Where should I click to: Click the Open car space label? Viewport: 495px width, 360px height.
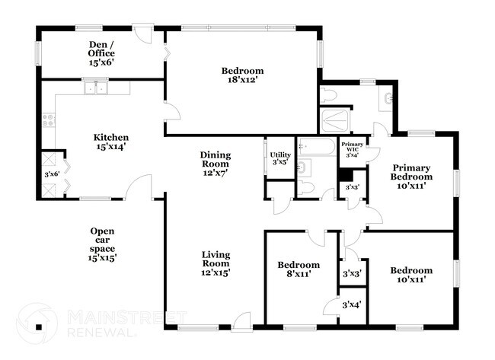102,244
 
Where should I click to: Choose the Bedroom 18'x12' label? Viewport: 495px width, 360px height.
242,76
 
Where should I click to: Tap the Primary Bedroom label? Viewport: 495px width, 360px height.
412,176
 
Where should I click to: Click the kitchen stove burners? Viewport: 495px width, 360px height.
49,119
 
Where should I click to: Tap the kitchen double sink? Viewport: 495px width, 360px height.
96,88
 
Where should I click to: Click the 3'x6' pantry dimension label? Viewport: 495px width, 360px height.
52,174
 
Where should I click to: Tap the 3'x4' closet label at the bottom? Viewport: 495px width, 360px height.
352,305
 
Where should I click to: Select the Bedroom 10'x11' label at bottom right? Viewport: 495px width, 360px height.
411,275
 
